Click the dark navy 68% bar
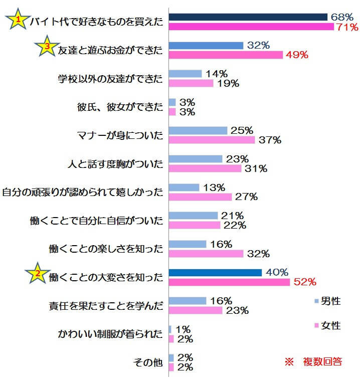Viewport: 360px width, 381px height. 248,17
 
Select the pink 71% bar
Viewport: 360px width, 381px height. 251,27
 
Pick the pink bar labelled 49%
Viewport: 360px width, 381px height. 226,55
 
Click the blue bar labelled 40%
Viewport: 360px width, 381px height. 215,273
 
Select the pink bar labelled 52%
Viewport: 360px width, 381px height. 229,282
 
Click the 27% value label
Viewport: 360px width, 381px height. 246,197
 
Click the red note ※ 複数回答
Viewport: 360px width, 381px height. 313,361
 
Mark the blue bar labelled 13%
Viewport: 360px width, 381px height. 184,187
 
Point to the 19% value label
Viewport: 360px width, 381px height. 228,83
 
